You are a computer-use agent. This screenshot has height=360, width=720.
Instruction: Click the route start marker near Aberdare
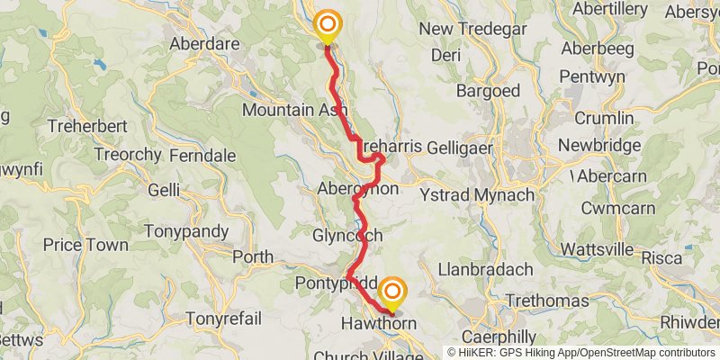coord(328,25)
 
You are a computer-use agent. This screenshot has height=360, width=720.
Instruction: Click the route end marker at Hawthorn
coord(391,292)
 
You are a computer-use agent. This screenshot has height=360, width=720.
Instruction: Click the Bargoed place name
coord(488,91)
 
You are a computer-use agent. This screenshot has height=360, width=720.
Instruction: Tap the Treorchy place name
coord(127,155)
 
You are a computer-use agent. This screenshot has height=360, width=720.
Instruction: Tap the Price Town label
coord(86,245)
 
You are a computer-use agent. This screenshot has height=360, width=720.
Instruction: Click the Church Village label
coord(365,355)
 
